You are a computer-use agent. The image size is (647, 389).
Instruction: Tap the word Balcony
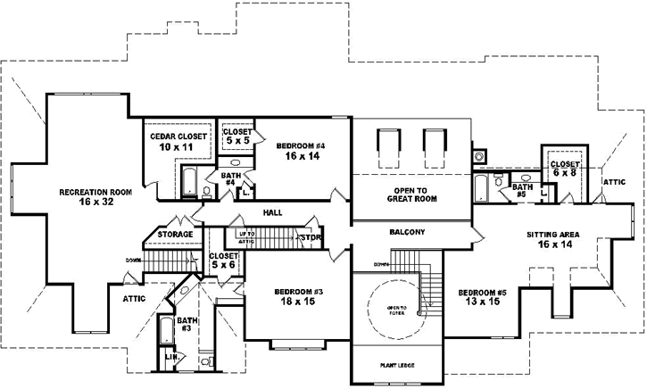pos(407,232)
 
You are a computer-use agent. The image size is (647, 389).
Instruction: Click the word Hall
pos(273,213)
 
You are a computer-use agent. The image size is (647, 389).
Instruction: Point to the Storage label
pos(175,234)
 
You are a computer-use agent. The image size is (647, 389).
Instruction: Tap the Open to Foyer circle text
pos(397,309)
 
